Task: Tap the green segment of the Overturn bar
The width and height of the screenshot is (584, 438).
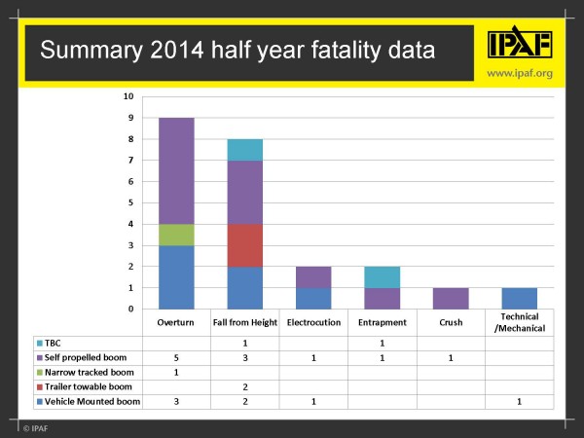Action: click(x=176, y=235)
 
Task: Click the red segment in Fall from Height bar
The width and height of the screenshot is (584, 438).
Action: click(x=244, y=244)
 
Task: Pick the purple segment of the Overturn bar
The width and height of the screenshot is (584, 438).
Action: click(x=176, y=170)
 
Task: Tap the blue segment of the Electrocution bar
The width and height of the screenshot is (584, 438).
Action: click(x=312, y=298)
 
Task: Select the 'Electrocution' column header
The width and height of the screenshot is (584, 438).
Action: click(x=312, y=322)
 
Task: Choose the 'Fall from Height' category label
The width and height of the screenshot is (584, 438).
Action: click(x=244, y=322)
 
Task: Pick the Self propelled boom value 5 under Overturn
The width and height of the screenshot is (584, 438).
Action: click(x=176, y=357)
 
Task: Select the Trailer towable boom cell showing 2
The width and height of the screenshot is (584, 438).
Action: click(x=244, y=385)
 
